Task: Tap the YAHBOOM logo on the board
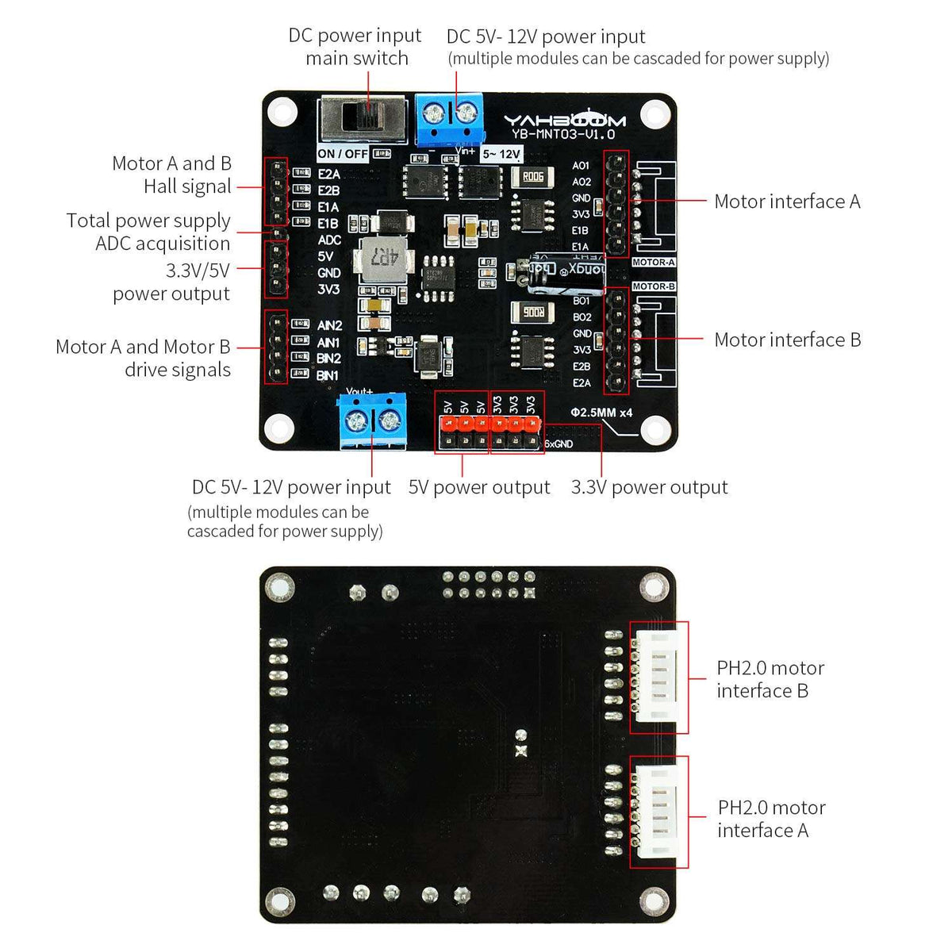tap(564, 120)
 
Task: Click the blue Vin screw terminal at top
tap(447, 117)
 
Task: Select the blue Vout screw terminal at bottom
tap(372, 420)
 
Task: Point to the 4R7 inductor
tap(383, 259)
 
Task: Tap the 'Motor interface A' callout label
tap(786, 202)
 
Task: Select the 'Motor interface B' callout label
tap(787, 340)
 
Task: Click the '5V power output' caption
tap(478, 487)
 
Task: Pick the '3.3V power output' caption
tap(649, 487)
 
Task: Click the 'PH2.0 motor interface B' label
tap(770, 679)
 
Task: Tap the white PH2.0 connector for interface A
tap(659, 812)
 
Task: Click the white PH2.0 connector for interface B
tap(659, 677)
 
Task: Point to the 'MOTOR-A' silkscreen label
tap(653, 263)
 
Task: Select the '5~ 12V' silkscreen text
tap(501, 154)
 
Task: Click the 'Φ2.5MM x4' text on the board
tap(601, 413)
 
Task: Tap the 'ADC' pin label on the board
tap(329, 240)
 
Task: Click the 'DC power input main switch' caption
tap(355, 47)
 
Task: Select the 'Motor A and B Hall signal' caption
tap(172, 175)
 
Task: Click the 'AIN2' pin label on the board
tap(329, 325)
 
